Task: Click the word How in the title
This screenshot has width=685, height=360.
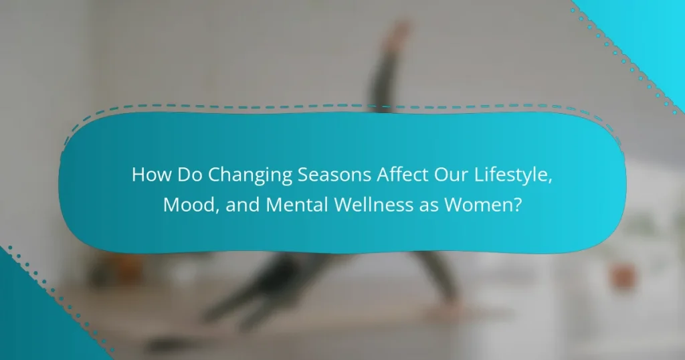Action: tap(152, 175)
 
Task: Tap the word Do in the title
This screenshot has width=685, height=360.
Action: tap(190, 175)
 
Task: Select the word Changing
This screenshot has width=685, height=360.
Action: tap(250, 176)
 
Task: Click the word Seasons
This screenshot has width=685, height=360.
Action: tap(334, 175)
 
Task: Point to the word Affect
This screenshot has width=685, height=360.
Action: tap(403, 175)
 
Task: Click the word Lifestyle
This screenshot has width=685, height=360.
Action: tap(511, 176)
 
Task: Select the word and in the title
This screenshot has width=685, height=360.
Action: tap(242, 205)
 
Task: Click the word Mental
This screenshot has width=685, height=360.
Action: tap(297, 205)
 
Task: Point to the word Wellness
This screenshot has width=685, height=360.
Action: tap(373, 205)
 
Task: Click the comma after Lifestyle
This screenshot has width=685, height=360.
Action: tap(551, 181)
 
